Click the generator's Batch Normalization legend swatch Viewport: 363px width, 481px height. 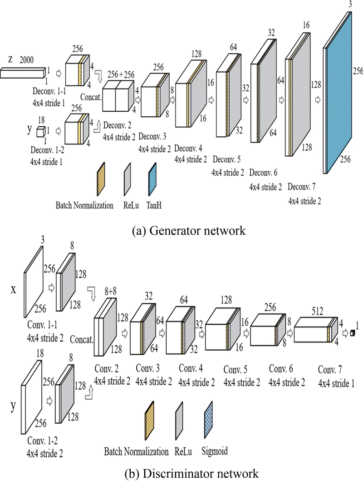coord(101,180)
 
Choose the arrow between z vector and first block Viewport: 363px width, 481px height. coord(58,72)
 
